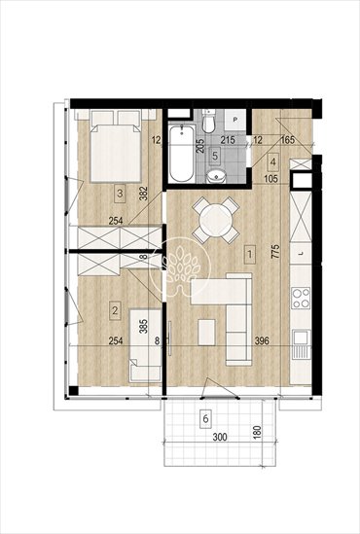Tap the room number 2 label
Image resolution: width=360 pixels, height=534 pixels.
[x=115, y=311]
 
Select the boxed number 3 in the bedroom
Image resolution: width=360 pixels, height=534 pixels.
[x=118, y=194]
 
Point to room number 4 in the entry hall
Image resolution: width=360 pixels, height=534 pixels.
[x=274, y=161]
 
